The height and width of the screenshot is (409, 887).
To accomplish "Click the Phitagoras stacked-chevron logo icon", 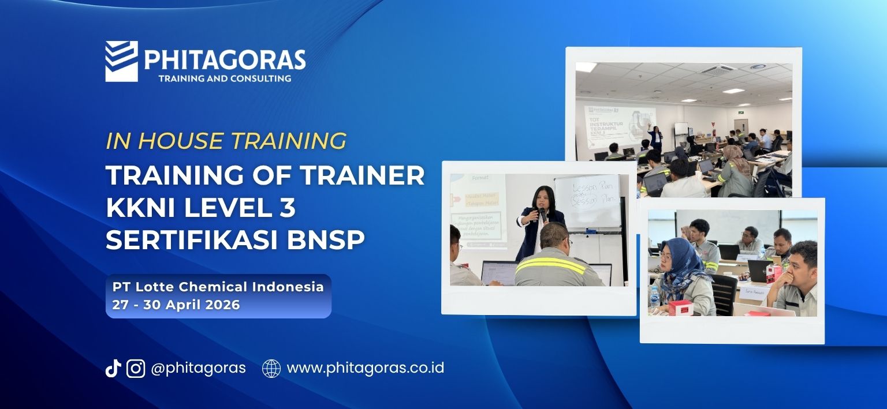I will [121, 61].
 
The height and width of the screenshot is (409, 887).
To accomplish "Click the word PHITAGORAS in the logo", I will [225, 60].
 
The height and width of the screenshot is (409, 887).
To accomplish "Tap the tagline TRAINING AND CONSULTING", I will [225, 78].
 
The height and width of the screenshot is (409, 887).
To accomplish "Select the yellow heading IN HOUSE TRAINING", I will [226, 141].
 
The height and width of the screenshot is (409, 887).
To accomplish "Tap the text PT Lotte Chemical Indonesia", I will [218, 287].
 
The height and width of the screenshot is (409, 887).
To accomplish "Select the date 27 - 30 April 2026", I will [176, 305].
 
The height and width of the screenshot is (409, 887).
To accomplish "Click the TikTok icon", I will [113, 368].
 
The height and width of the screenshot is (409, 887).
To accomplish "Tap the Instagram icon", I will [136, 368].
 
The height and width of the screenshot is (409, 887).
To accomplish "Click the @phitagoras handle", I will [198, 368].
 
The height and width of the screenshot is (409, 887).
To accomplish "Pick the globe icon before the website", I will [271, 368].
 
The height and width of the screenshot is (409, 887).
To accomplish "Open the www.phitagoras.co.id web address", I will [365, 368].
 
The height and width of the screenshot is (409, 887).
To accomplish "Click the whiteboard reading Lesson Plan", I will [587, 199].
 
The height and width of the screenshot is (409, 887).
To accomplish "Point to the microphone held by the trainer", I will [541, 213].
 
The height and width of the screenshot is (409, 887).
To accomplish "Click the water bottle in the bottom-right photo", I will [654, 298].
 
